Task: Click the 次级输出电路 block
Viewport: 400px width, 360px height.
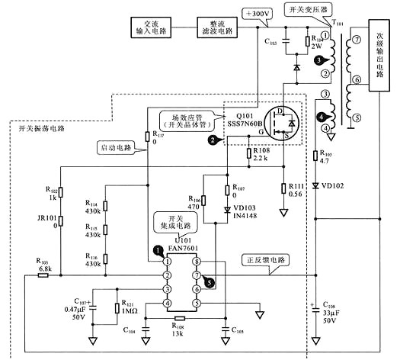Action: [x=382, y=50]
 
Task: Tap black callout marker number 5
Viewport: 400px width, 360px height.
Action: [x=210, y=282]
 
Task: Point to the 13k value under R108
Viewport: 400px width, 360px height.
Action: [x=180, y=333]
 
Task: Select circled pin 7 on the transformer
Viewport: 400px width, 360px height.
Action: [x=357, y=40]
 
